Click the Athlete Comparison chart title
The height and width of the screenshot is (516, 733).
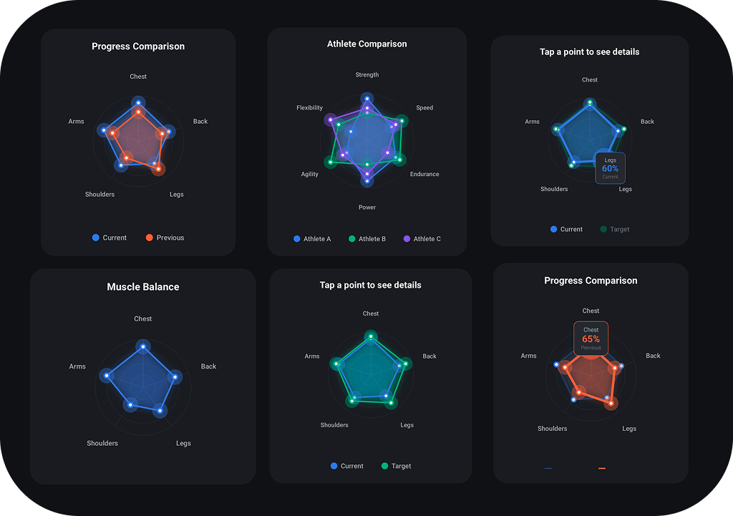[x=366, y=44]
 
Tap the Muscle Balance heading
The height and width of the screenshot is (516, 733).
[x=143, y=287]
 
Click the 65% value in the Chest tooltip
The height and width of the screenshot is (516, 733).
[x=591, y=339]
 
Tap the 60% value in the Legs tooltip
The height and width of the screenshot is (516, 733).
[x=610, y=169]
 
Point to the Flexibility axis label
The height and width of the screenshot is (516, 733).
[x=309, y=108]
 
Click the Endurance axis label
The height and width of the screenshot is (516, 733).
[x=424, y=174]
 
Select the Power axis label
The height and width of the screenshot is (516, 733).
[x=366, y=208]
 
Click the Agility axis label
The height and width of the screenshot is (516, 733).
[x=309, y=174]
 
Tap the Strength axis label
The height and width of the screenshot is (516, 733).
[x=366, y=75]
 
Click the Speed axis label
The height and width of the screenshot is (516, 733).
[x=424, y=108]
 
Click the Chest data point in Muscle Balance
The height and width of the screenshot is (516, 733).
[x=143, y=347]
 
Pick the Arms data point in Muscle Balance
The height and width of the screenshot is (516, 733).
[x=107, y=375]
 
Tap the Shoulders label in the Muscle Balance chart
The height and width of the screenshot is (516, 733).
[x=102, y=443]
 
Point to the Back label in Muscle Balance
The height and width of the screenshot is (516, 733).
[x=208, y=366]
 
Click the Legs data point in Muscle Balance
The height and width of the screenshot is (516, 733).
[x=161, y=411]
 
